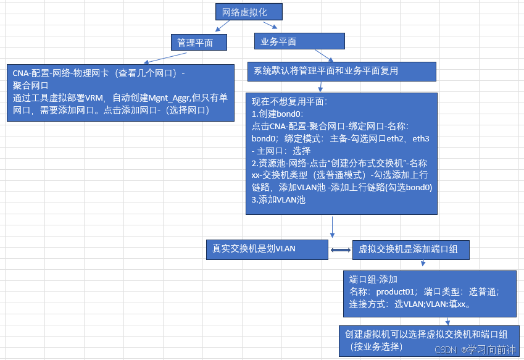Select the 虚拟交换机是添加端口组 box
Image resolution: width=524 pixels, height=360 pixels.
pos(410,250)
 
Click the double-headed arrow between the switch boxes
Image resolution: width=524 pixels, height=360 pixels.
pos(341,250)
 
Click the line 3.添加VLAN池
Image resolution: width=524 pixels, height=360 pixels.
pos(280,199)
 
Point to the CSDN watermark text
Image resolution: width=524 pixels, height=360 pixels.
pos(444,350)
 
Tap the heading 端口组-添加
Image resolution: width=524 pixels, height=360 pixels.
pos(373,279)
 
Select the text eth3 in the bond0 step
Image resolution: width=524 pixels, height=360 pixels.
pos(420,139)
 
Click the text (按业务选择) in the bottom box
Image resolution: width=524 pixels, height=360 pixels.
pos(378,346)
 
